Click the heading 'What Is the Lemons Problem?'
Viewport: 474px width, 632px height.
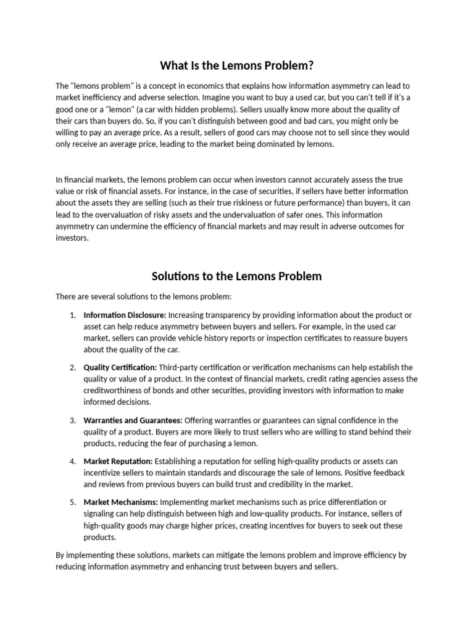[x=237, y=65]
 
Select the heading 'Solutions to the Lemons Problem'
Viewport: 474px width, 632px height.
[x=237, y=276]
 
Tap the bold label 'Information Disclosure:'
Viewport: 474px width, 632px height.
[x=125, y=315]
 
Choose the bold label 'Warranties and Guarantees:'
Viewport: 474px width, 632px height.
[x=133, y=420]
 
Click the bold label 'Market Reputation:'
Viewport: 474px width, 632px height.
[x=118, y=461]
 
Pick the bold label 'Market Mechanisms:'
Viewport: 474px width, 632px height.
[x=121, y=502]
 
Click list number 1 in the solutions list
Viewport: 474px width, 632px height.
[x=72, y=315]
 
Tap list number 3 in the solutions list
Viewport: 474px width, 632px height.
[x=72, y=420]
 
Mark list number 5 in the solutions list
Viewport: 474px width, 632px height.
[x=72, y=502]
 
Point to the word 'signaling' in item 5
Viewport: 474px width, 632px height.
[x=100, y=513]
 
